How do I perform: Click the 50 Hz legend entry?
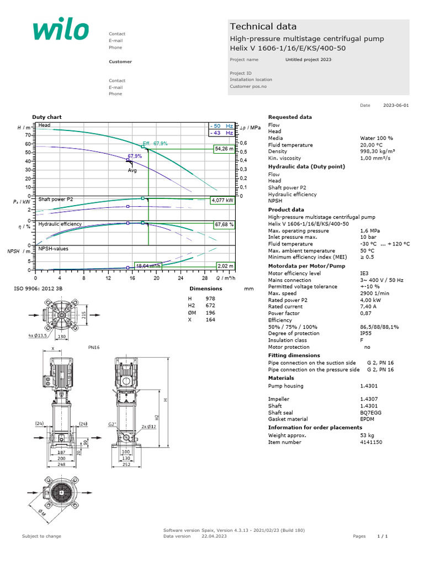tap(221, 126)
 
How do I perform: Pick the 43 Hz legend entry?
tap(221, 133)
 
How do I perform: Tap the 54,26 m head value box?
tap(224, 149)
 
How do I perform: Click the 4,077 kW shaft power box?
tap(223, 201)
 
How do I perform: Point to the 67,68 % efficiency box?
tap(224, 225)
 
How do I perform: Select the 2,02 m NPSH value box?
tap(226, 266)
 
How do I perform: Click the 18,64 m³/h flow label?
tap(148, 266)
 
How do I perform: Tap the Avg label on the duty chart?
tap(132, 170)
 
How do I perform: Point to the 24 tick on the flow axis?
tap(180, 279)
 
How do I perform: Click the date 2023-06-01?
tap(396, 105)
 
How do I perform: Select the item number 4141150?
tap(371, 442)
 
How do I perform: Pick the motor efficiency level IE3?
tap(364, 274)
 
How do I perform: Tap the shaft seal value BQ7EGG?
tap(370, 412)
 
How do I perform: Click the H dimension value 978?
tap(210, 298)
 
